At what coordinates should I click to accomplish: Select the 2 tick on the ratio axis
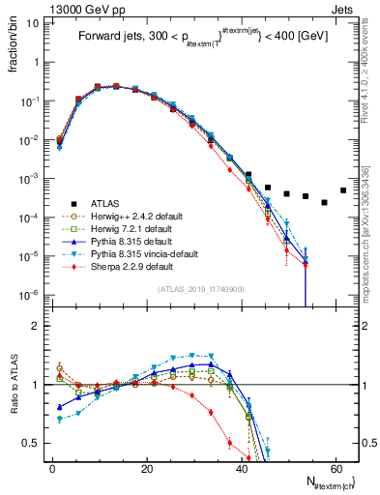tap(35, 326)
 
